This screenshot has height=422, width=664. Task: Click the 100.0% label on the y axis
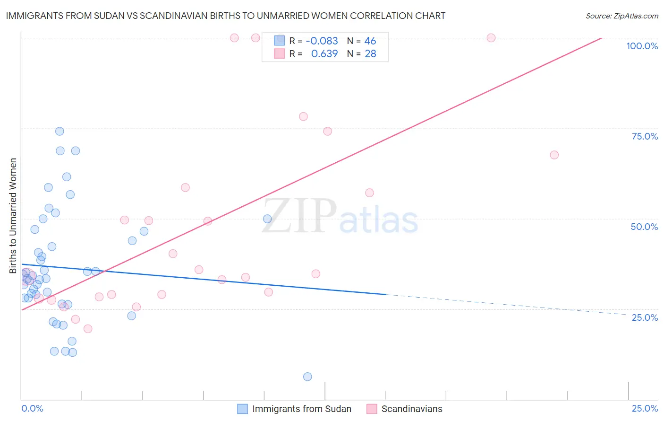coord(642,46)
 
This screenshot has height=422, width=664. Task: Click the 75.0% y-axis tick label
coord(645,136)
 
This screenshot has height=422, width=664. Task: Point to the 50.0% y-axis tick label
coord(644,227)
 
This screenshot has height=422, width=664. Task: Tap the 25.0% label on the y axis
coord(645,317)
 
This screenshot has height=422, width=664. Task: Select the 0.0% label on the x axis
coord(32,408)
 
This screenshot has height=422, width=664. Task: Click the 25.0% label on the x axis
coord(645,408)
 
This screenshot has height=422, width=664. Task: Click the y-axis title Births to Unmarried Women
coord(13,216)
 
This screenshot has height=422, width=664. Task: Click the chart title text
coord(226,16)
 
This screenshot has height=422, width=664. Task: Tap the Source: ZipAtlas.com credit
coord(621,16)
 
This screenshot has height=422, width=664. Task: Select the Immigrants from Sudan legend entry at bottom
coord(301,409)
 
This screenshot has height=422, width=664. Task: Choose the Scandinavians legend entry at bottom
coord(411,409)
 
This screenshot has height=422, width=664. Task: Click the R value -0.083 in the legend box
coord(322,41)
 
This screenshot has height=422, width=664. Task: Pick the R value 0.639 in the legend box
coord(324,54)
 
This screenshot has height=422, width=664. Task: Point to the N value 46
coord(370,41)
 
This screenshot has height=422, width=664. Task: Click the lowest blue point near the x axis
coord(307,377)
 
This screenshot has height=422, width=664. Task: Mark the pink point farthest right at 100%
coord(491,38)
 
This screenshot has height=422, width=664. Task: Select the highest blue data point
coord(60,131)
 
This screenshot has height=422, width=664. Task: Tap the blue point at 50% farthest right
coord(267,219)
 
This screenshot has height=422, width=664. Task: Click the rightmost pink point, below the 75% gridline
coord(554,155)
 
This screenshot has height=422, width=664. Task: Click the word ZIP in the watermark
coord(299,216)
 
